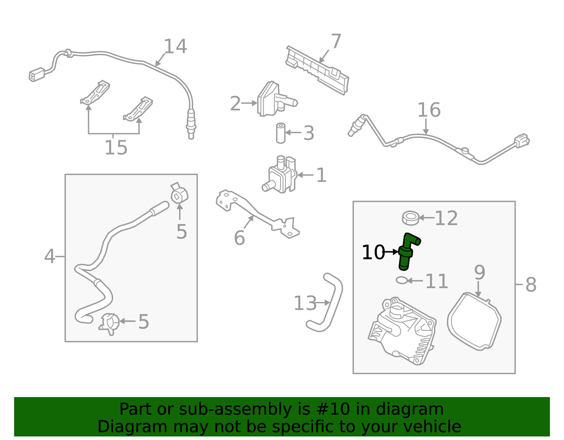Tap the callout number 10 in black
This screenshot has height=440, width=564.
tap(373, 253)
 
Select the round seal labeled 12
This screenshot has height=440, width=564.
tap(410, 218)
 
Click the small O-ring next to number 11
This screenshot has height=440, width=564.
tap(401, 280)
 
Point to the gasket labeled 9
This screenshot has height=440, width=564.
tap(474, 321)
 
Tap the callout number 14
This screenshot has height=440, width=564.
tap(175, 47)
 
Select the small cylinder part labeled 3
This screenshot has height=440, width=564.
tap(281, 133)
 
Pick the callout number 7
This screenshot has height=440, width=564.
tap(336, 41)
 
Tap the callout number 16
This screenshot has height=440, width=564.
tap(429, 110)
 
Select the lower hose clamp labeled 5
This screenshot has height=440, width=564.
tap(109, 323)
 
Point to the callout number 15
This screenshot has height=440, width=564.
tap(116, 148)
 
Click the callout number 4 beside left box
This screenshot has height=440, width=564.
tap(50, 256)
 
